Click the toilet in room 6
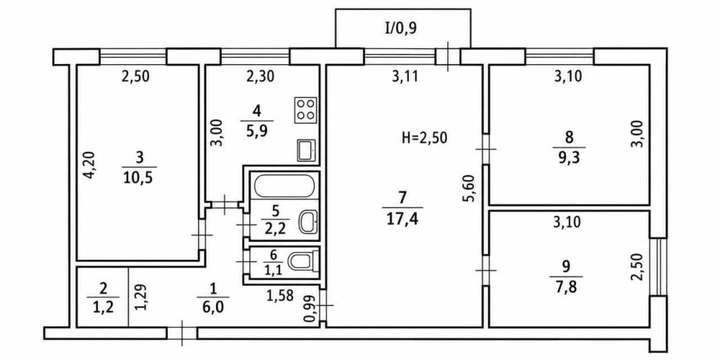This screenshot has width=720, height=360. pyautogui.click(x=303, y=262)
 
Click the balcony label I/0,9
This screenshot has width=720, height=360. pyautogui.click(x=400, y=30)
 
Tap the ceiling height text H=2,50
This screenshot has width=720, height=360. pyautogui.click(x=424, y=138)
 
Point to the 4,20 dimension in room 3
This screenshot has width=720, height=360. pyautogui.click(x=91, y=166)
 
